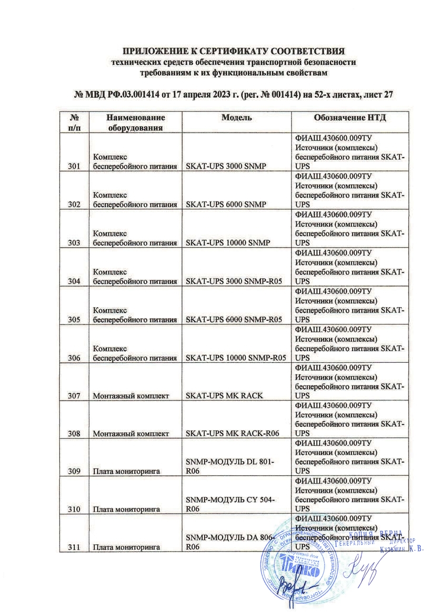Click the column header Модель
(235, 117)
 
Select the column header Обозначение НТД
(350, 117)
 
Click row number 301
(74, 167)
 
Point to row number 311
(74, 548)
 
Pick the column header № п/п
(74, 122)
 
